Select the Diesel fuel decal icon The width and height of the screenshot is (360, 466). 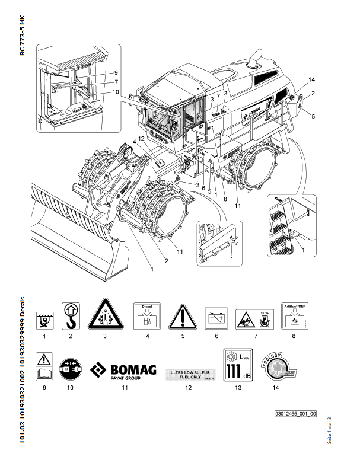click(x=145, y=317)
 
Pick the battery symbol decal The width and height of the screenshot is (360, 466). click(x=216, y=318)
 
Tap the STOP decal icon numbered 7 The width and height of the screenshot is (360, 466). click(x=253, y=318)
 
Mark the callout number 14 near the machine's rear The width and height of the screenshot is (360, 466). click(x=313, y=79)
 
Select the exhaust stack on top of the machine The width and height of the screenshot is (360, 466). click(x=257, y=60)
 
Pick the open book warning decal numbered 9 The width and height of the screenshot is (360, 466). click(x=42, y=367)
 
